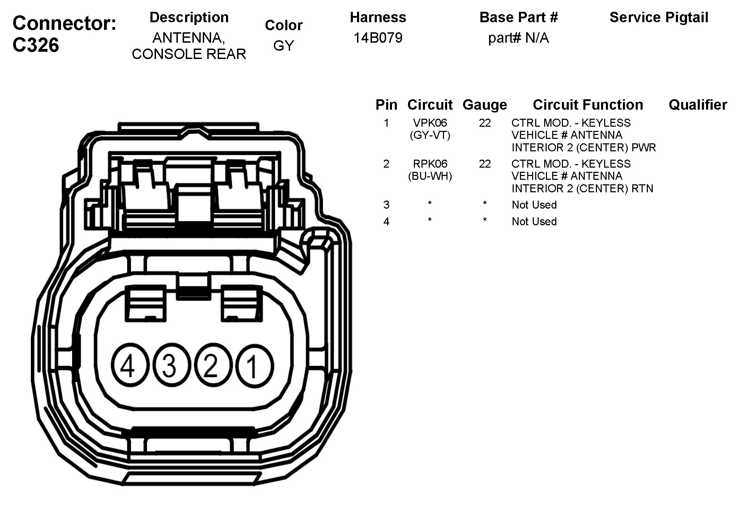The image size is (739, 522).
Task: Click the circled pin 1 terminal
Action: point(254,366)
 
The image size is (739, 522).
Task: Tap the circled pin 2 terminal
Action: point(210,366)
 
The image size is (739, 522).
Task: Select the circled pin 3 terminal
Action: point(169,366)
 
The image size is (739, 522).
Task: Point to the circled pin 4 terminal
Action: point(128,366)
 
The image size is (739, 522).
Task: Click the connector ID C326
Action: point(36,45)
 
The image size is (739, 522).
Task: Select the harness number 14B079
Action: point(378,38)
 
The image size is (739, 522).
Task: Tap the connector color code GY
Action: point(284,46)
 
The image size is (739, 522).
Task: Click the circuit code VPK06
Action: point(430,123)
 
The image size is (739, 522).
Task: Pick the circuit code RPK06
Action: point(430,164)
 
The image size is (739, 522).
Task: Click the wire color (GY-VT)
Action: point(430,135)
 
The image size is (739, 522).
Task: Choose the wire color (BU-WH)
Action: point(430,176)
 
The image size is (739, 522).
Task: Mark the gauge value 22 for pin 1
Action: point(485,123)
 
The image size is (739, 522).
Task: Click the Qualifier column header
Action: point(697,104)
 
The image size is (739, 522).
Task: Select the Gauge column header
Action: point(485,104)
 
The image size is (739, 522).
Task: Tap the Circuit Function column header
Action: point(588,104)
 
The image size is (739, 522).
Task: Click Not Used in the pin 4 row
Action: point(534,221)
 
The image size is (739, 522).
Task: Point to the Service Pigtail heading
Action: point(659,17)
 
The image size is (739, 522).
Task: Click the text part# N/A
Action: point(518,38)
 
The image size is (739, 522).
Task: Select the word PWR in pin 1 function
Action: point(644,148)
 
